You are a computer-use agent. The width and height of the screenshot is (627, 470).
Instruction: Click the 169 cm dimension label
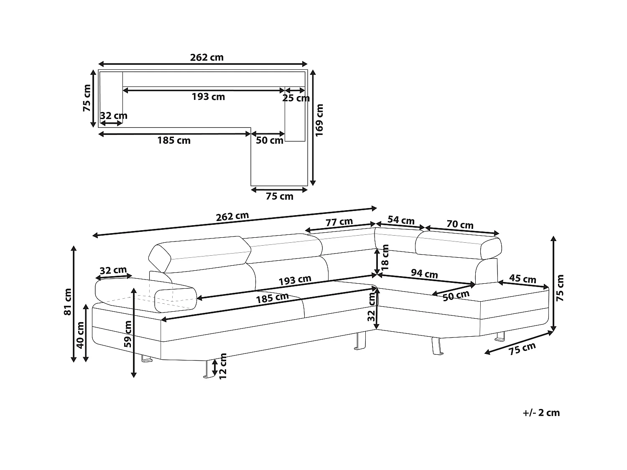320,120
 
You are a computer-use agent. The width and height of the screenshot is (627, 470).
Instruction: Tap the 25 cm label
296,99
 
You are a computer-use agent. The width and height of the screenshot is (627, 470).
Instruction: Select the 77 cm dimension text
339,222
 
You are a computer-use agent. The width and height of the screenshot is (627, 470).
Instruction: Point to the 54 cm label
401,220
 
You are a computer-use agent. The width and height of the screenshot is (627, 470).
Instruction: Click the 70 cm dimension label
460,225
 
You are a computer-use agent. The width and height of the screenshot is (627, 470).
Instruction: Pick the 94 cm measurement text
424,274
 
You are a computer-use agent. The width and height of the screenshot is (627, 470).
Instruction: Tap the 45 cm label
522,279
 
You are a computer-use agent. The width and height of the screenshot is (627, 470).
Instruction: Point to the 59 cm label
128,334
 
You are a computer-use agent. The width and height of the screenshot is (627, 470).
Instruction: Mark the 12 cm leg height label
223,366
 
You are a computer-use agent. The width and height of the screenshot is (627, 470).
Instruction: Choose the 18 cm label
385,256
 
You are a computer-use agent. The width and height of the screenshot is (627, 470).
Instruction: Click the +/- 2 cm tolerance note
541,413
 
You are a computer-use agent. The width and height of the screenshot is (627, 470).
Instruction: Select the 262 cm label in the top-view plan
206,57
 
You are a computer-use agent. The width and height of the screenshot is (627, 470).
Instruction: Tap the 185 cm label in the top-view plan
173,141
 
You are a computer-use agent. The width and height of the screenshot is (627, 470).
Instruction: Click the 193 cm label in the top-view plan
208,97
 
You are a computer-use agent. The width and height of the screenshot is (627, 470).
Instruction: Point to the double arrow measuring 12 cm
214,367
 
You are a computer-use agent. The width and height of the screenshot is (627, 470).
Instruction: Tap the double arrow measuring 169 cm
313,127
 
